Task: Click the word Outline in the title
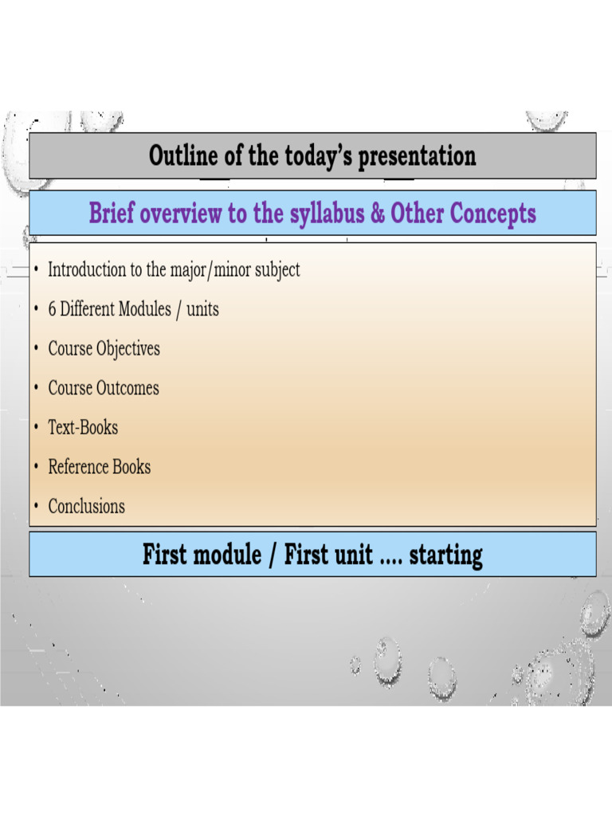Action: [x=184, y=155]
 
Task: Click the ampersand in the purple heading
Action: [x=376, y=214]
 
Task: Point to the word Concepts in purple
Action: [x=492, y=214]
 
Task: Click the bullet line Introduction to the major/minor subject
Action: [x=174, y=269]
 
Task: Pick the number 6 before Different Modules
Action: [x=53, y=309]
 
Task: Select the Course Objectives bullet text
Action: [x=104, y=349]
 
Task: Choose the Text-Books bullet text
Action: [x=83, y=428]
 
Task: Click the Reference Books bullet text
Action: [x=99, y=467]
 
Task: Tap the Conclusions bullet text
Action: [x=86, y=506]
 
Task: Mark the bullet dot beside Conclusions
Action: [x=37, y=507]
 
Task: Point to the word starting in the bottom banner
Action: [x=445, y=554]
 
